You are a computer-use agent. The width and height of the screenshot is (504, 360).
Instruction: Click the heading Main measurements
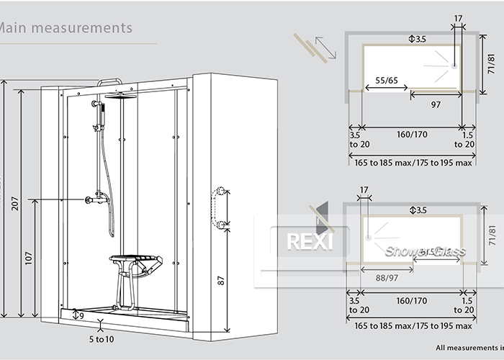[66, 28]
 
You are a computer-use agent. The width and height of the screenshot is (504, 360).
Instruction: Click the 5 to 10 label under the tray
[102, 338]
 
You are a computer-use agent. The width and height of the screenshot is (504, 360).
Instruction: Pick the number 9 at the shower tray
[81, 315]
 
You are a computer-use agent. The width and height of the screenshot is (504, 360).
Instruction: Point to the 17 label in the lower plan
[362, 191]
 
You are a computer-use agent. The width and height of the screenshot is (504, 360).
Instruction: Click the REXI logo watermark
[310, 240]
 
